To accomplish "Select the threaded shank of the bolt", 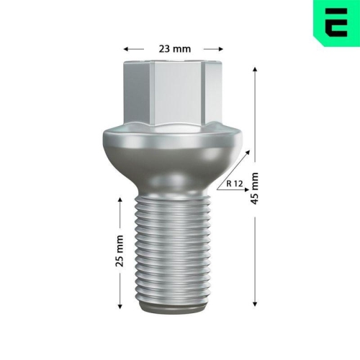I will (x=173, y=252).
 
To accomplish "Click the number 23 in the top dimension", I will (x=164, y=49).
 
